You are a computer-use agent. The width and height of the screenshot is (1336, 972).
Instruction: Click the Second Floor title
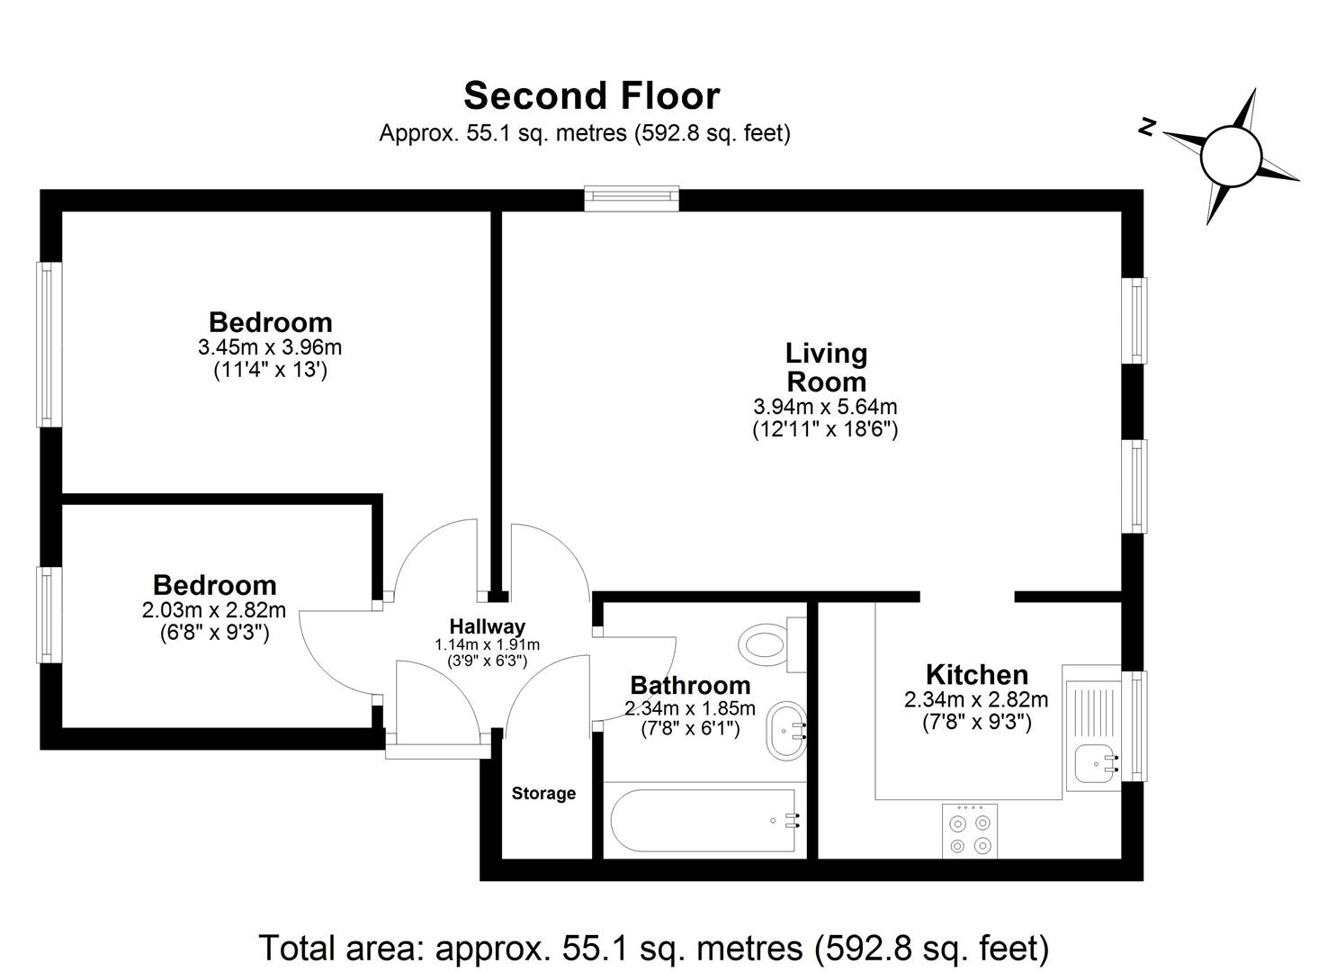(591, 95)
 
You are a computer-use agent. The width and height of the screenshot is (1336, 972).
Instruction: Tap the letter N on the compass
(1146, 128)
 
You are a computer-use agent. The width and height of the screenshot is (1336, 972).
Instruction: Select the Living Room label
(826, 366)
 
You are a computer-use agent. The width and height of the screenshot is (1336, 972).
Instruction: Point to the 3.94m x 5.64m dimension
(825, 408)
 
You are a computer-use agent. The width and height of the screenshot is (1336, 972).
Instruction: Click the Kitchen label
(976, 674)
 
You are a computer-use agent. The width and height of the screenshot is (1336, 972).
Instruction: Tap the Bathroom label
(690, 686)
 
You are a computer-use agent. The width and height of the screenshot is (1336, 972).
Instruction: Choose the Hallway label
(487, 626)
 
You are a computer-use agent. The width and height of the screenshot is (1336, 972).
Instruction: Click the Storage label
(543, 794)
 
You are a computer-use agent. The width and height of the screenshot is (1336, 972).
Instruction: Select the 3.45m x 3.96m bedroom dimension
(270, 346)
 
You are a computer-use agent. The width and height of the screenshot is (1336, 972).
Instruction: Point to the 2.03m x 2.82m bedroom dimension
(214, 610)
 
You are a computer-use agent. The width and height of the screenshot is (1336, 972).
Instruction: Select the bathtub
(703, 820)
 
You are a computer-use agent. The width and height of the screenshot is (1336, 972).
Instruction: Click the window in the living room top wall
(631, 198)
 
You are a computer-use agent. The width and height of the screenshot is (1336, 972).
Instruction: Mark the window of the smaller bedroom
(49, 615)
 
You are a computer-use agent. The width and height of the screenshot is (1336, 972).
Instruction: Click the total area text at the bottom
(653, 948)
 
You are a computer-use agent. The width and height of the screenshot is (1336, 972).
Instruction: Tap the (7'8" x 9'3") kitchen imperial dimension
(976, 722)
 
